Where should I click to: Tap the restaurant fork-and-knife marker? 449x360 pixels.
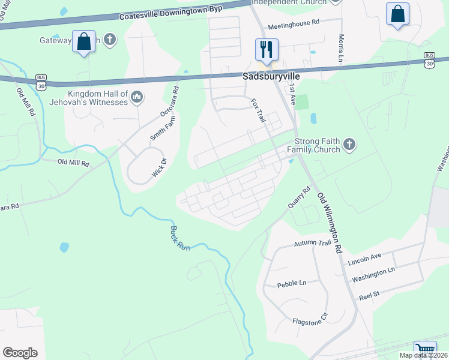coord(267,49)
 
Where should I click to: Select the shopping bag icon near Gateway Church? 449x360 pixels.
coord(83,42)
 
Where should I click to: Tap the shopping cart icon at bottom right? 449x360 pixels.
coord(425,350)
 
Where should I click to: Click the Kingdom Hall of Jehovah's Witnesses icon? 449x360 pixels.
coord(137,97)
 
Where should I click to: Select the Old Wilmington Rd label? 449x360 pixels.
coord(330,223)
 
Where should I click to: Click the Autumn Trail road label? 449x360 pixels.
coord(312,244)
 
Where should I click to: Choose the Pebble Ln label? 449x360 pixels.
coord(292,283)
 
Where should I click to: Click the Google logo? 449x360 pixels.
coord(20,352)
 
